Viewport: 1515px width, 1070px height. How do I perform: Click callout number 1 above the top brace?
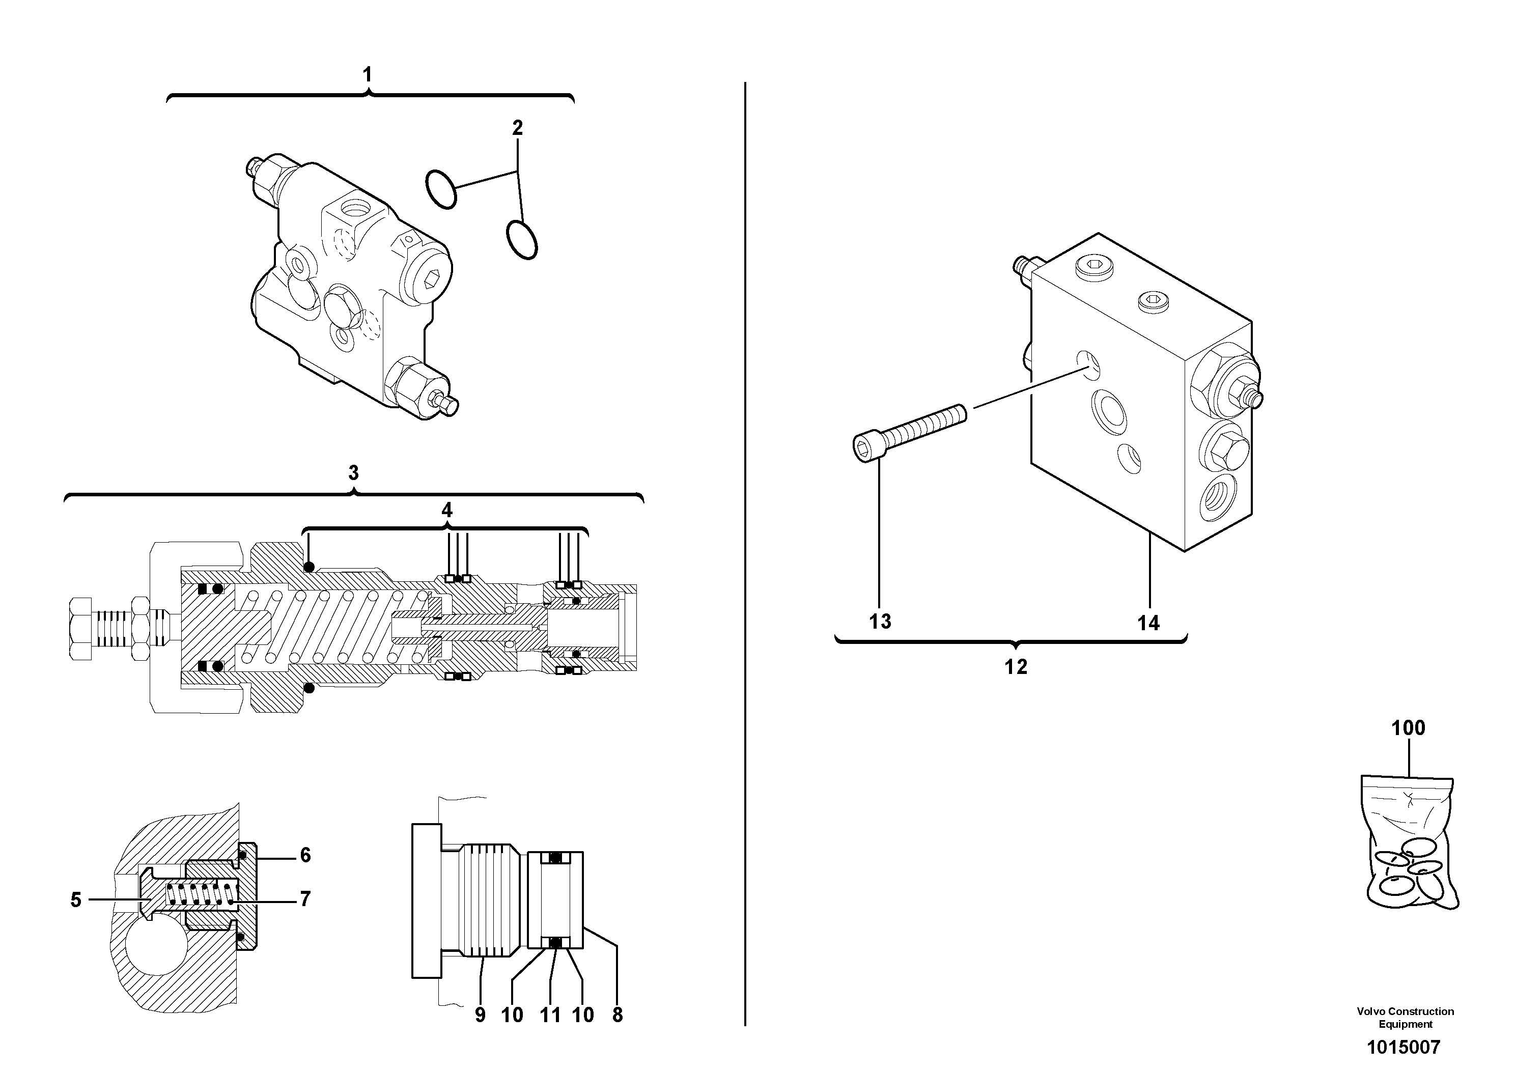tap(368, 74)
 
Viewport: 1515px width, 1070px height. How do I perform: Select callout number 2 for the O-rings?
tap(517, 128)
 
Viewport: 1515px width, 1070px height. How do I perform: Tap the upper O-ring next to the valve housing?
tap(441, 189)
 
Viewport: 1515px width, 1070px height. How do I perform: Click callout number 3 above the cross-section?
tap(354, 473)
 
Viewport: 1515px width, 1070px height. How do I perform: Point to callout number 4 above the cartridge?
tap(447, 510)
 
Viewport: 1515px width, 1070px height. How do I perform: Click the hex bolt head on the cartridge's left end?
tap(80, 628)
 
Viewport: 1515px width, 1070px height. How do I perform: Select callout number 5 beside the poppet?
tap(76, 900)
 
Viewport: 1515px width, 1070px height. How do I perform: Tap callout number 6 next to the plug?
tap(305, 855)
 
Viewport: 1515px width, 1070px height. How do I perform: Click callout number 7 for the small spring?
tap(305, 899)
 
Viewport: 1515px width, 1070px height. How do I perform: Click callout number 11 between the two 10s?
tap(550, 1015)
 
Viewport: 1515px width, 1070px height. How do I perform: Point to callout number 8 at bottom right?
tap(618, 1015)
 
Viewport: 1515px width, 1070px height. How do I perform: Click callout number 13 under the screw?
tap(880, 622)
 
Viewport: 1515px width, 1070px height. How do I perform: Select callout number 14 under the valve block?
tap(1148, 623)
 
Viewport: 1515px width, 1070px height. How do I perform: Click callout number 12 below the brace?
tap(1016, 667)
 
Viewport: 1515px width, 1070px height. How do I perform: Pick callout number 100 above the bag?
tap(1408, 728)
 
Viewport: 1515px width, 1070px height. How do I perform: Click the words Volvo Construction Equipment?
tap(1406, 1017)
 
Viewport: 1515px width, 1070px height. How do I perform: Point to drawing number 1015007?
tap(1404, 1047)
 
